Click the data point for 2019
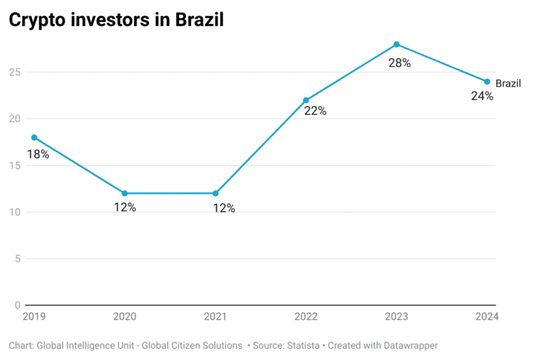coord(33,138)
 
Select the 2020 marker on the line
coord(124,193)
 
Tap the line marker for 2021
coord(215,193)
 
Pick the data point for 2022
coord(305,100)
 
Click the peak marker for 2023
coord(397,44)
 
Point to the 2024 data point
coord(487,81)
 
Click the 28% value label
coord(399,62)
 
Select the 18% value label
coord(38,154)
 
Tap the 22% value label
coord(315,111)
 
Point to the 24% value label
coord(482,96)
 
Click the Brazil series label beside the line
coord(508,84)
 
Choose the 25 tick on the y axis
coord(15,72)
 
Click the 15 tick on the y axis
coord(15,166)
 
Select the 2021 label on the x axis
coord(215,316)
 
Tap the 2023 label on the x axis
coord(397,316)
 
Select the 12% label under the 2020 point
coord(125,208)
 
